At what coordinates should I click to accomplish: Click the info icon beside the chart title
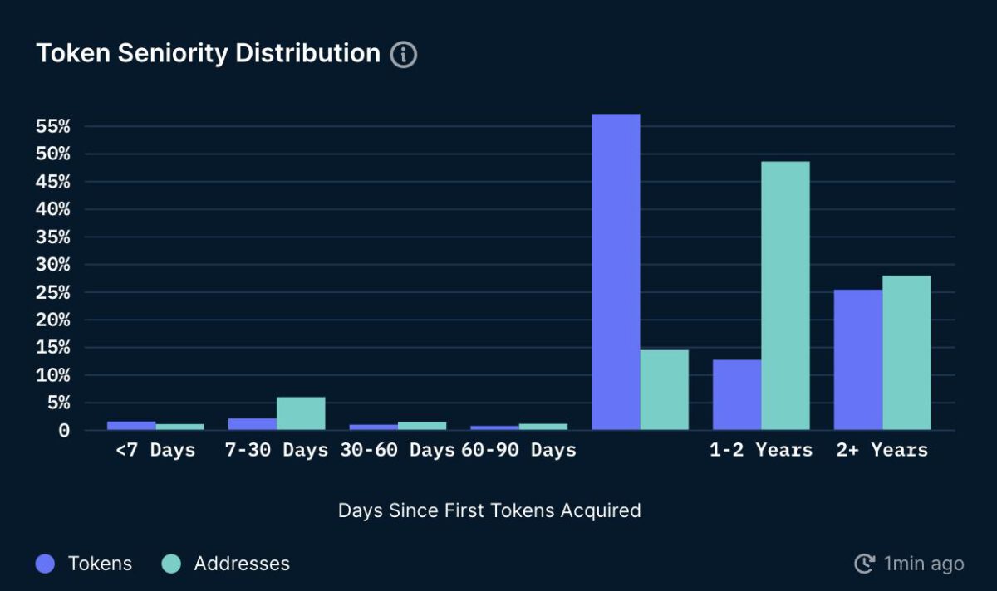[x=404, y=55]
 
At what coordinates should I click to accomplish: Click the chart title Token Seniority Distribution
[x=208, y=53]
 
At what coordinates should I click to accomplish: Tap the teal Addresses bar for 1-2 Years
[x=785, y=295]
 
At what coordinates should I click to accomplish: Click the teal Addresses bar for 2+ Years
[x=906, y=353]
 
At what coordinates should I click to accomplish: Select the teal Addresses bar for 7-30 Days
[x=301, y=413]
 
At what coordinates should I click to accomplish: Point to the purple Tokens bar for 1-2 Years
[x=737, y=394]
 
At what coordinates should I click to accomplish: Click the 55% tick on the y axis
[x=53, y=127]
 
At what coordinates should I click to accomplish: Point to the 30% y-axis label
[x=53, y=265]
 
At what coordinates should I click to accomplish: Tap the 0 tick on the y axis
[x=64, y=431]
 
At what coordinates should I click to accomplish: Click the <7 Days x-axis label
[x=155, y=450]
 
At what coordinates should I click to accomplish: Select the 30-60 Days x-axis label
[x=397, y=450]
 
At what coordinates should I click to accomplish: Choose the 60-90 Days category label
[x=518, y=450]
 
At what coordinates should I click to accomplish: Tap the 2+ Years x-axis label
[x=882, y=450]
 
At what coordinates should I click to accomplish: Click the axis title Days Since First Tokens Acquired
[x=489, y=510]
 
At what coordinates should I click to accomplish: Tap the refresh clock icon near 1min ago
[x=864, y=564]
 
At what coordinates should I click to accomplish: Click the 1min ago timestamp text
[x=923, y=564]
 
